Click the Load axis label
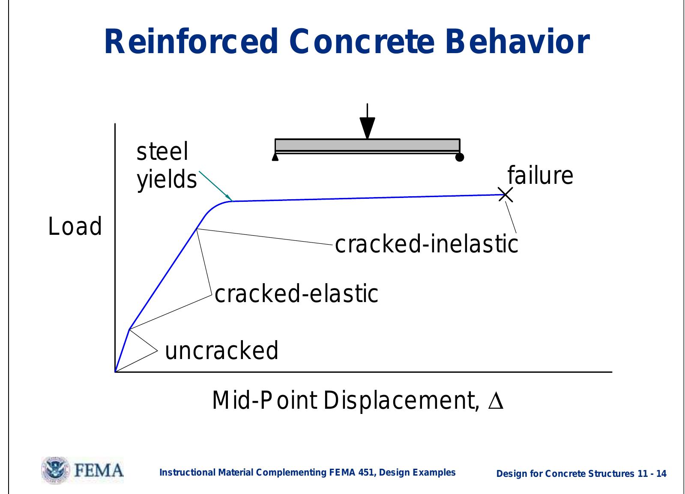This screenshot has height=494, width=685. [x=75, y=227]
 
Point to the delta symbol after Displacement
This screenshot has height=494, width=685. [x=496, y=401]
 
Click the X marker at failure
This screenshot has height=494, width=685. [x=506, y=195]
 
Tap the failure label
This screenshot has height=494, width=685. [x=540, y=176]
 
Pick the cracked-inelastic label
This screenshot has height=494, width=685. [x=426, y=244]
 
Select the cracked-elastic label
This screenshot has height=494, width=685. [x=296, y=294]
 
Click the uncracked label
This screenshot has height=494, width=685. [x=221, y=350]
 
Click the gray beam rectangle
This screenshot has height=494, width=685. [x=367, y=145]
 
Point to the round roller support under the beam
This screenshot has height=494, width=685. [x=460, y=157]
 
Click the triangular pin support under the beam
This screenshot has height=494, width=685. [x=275, y=158]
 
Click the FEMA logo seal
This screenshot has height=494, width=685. [x=54, y=470]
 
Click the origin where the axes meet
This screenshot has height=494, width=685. [x=115, y=371]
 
